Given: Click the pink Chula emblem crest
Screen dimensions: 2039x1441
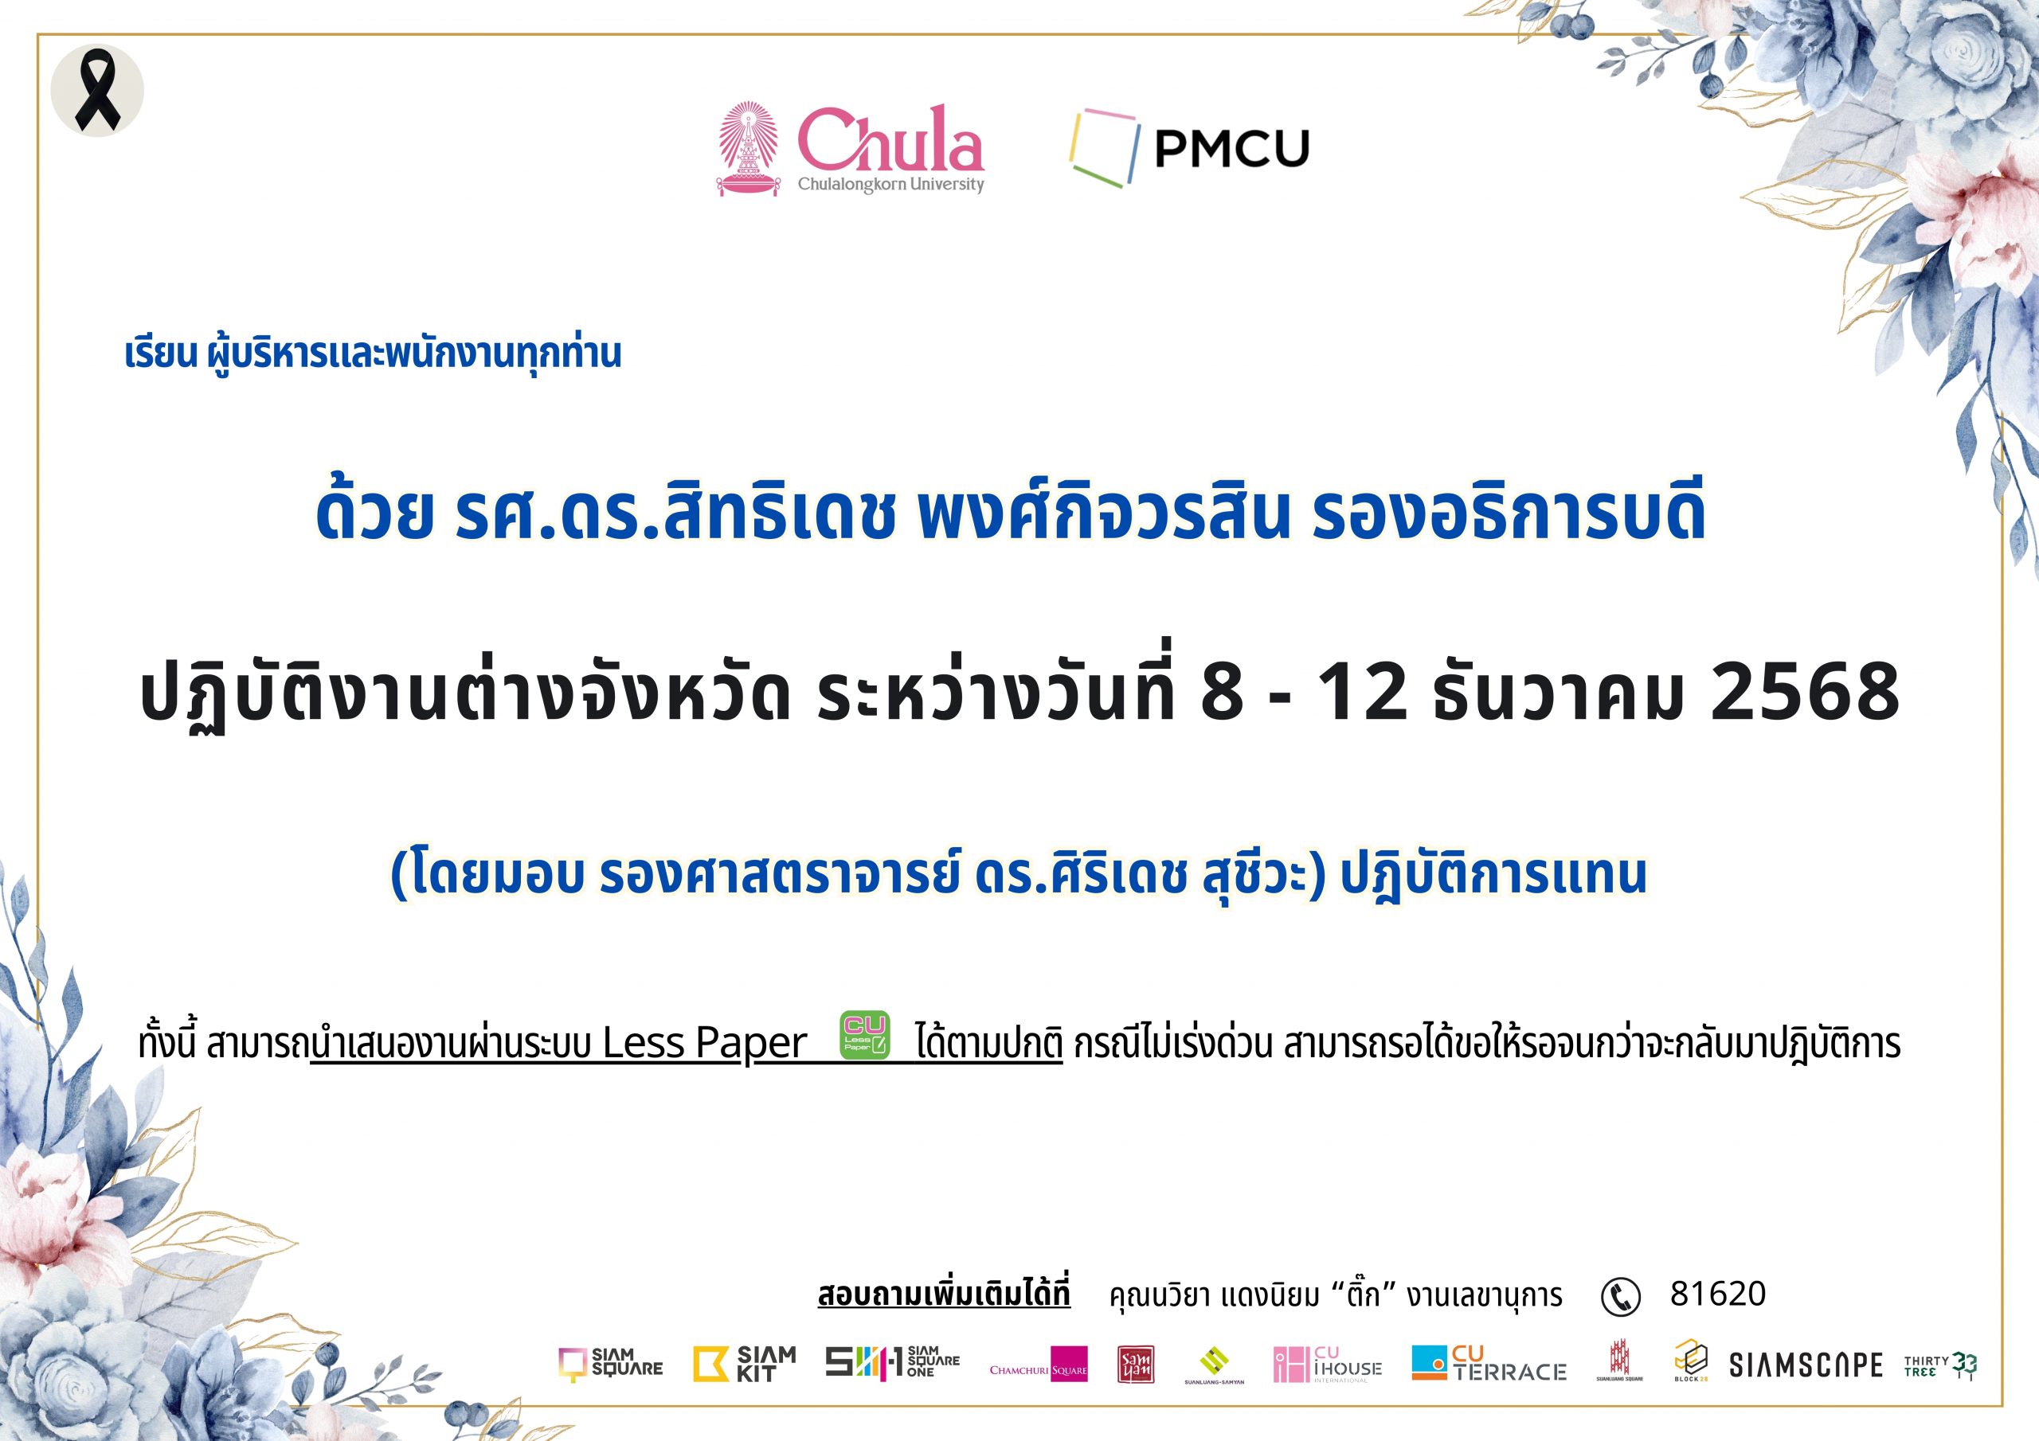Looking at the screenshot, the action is click(748, 148).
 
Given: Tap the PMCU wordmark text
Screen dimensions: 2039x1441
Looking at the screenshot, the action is click(1231, 148).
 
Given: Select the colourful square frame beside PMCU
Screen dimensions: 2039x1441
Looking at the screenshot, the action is click(1104, 146).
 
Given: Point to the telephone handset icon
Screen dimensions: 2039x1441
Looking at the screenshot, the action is click(1621, 1297).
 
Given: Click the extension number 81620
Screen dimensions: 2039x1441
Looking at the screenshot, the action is click(1717, 1294).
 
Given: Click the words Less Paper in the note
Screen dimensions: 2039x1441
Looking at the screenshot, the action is click(705, 1042).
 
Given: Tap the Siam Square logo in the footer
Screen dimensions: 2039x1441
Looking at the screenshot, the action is click(610, 1364).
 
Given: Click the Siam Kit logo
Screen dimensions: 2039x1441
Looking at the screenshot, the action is click(744, 1364).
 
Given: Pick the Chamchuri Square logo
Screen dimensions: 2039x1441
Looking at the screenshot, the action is click(1038, 1365).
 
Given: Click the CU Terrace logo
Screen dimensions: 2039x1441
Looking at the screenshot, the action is click(1489, 1364).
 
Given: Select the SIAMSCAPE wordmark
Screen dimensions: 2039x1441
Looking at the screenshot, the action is click(1806, 1365).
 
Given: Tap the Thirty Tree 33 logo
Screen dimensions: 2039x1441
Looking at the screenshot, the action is click(1940, 1365).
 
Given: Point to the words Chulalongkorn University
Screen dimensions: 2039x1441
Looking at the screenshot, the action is click(890, 185).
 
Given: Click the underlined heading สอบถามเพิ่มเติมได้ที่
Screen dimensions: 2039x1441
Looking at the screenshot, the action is click(944, 1295).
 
